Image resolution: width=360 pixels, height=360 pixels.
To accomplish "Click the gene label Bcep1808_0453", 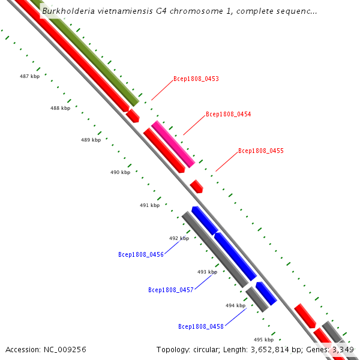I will (196, 79).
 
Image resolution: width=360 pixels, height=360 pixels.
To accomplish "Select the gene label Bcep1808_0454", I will (228, 114).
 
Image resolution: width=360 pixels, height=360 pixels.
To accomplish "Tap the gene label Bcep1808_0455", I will (260, 151).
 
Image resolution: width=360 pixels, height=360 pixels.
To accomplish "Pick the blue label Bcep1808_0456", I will (141, 254).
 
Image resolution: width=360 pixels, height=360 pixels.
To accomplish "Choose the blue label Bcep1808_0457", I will (171, 290).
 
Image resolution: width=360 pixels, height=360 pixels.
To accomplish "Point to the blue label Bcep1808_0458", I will (201, 326).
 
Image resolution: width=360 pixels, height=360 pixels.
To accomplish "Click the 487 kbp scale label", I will (30, 76).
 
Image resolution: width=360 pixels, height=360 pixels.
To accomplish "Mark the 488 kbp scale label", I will (60, 108).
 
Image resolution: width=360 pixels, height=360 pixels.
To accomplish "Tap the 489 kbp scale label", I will (90, 140).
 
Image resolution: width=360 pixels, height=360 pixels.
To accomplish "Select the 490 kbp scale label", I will (120, 172).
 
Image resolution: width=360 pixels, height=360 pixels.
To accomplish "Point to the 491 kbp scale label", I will (149, 205).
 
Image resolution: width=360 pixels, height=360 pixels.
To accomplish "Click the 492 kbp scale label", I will (179, 238).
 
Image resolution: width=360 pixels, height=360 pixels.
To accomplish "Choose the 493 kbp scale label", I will (207, 272).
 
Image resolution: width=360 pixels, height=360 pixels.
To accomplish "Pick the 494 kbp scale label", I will (235, 305).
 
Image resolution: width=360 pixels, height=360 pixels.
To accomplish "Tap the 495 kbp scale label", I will (263, 339).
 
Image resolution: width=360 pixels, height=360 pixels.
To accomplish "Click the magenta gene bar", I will (173, 144).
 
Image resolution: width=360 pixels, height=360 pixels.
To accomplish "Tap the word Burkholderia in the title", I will (66, 11).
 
